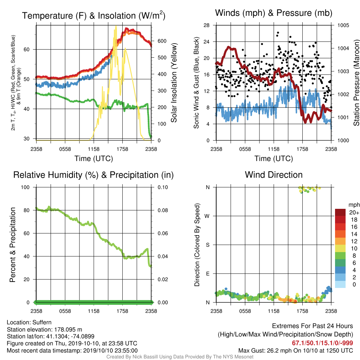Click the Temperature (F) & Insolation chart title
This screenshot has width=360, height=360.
click(94, 15)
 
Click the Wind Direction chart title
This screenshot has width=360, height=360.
click(274, 175)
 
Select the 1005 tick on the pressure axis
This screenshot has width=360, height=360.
click(343, 25)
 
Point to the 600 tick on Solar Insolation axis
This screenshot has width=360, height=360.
click(162, 41)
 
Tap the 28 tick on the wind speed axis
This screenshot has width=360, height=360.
click(206, 25)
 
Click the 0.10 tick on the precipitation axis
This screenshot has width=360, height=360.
click(162, 187)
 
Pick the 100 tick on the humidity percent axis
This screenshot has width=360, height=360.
click(25, 187)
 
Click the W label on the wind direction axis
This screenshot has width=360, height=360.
click(207, 216)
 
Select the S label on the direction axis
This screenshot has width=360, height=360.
click(207, 245)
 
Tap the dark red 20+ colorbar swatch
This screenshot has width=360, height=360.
click(340, 212)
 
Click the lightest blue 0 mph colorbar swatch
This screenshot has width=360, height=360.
click(340, 284)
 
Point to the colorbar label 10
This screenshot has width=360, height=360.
click(354, 249)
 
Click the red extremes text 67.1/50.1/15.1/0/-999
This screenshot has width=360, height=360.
click(322, 343)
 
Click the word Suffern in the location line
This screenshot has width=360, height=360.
click(42, 322)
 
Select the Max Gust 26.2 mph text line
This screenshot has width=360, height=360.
click(295, 351)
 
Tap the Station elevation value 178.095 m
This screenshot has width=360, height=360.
click(68, 329)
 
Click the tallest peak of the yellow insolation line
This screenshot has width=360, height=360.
click(116, 26)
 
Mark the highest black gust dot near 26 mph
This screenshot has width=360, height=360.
click(278, 33)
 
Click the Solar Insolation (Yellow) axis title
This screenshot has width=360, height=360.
click(174, 83)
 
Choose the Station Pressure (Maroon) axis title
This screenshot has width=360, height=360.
click(356, 83)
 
